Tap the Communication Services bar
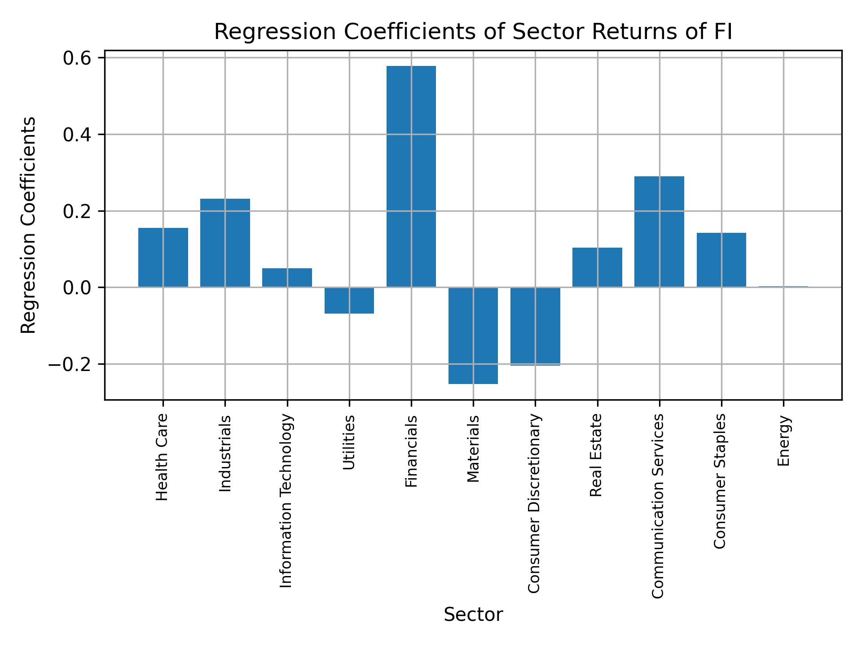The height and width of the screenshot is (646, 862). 659,231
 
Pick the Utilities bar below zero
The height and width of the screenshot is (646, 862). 349,300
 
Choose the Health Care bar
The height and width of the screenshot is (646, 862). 163,258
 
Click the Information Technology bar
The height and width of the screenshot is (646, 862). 287,278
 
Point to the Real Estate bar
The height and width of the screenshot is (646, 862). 597,267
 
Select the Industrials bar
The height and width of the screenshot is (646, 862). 225,243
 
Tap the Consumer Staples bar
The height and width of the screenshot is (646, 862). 721,260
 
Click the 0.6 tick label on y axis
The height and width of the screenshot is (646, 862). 77,58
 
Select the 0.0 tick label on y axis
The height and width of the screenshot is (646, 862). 77,288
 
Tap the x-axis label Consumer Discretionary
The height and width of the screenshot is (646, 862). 534,503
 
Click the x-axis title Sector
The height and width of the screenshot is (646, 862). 473,615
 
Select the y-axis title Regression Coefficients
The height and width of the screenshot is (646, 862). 29,225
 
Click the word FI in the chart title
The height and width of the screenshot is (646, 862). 720,32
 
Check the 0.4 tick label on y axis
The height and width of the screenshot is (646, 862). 77,135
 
